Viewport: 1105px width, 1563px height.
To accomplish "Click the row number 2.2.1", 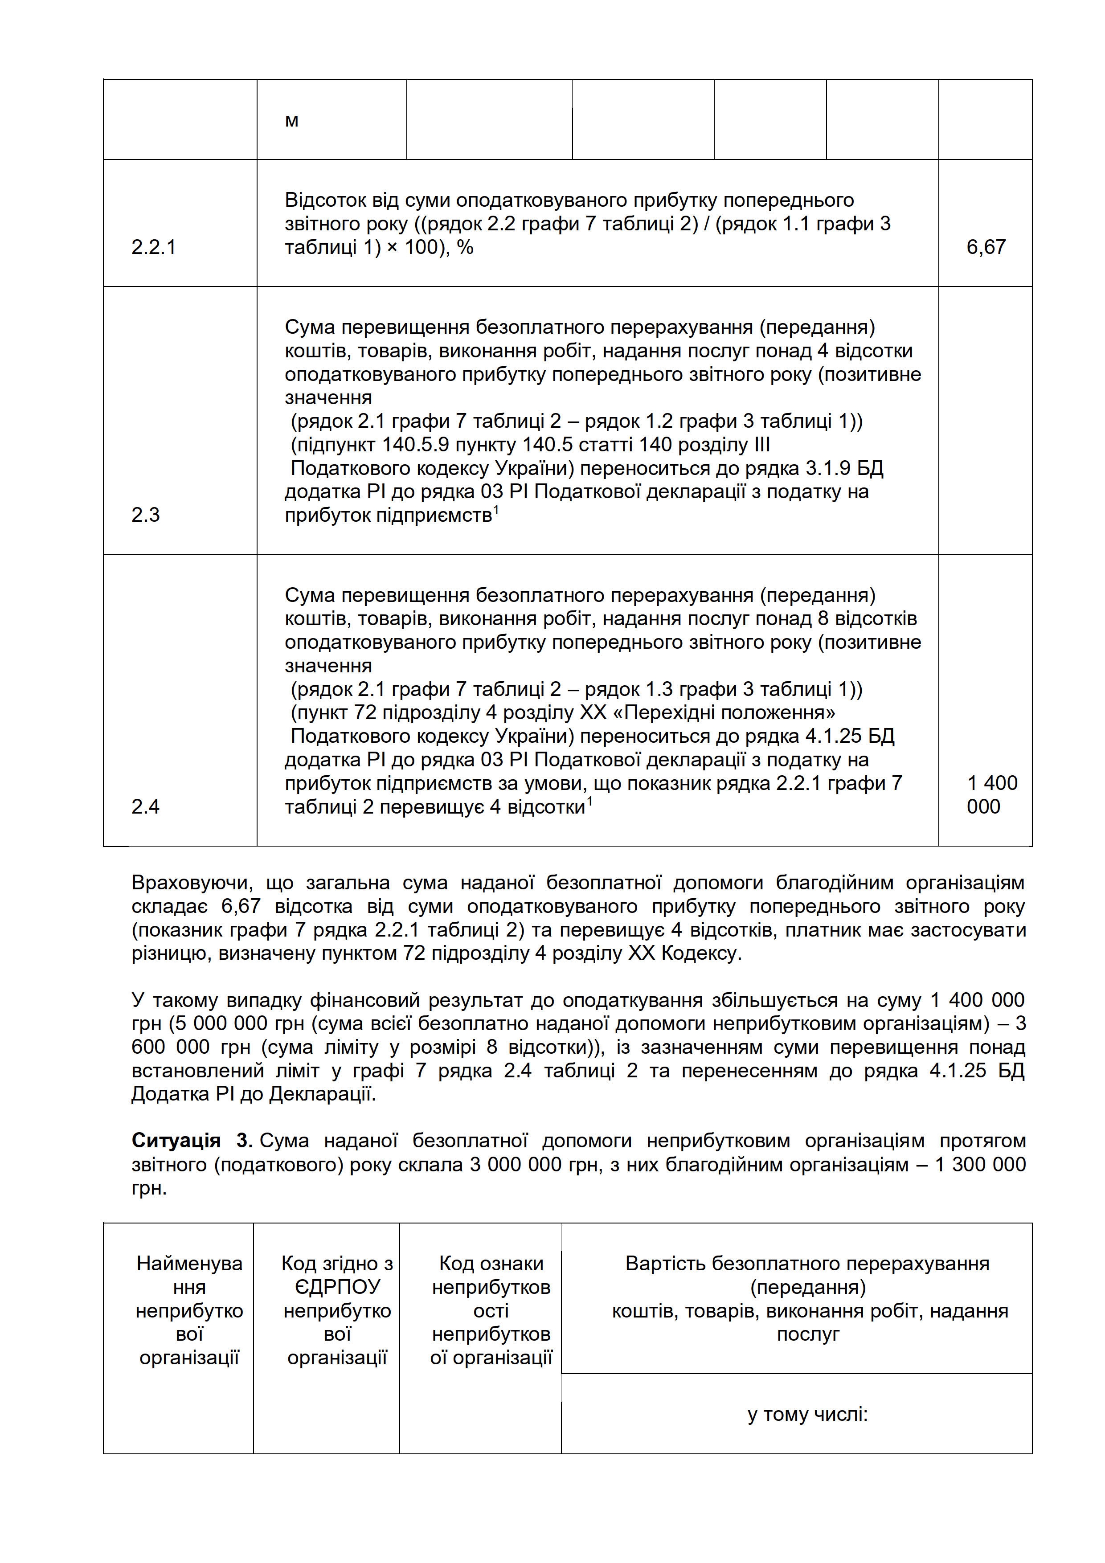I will (153, 247).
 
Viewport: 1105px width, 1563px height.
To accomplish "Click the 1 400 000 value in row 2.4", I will (991, 794).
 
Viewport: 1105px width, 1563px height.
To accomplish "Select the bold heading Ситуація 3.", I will (192, 1141).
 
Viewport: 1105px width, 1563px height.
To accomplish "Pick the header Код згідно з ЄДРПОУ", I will (337, 1310).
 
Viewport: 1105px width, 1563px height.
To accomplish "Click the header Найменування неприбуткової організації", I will (189, 1310).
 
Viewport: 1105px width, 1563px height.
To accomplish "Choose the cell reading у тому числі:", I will (807, 1415).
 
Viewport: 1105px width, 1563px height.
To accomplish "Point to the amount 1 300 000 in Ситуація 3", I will (980, 1165).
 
